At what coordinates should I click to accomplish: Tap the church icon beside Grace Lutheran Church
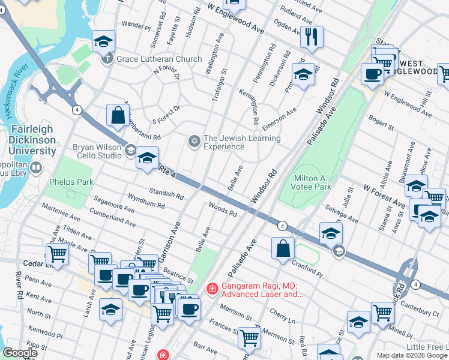coord(107,59)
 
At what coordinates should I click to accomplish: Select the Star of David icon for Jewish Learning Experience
coord(194,142)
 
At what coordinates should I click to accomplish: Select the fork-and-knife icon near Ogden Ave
coord(311,36)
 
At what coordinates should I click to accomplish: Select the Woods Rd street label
coord(222,210)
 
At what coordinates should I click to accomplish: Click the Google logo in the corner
coord(20,353)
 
